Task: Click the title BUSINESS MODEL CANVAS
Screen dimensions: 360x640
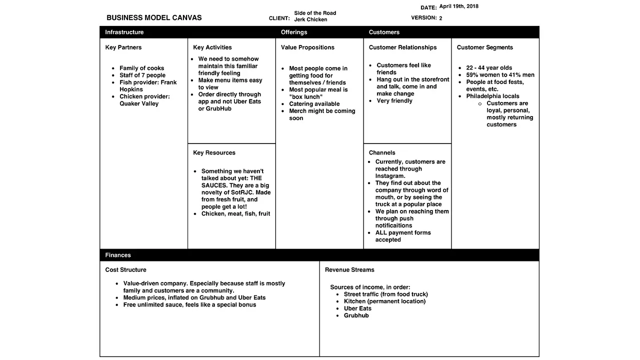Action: (154, 18)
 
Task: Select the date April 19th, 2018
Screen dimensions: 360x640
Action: (458, 6)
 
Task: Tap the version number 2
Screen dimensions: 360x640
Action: (440, 18)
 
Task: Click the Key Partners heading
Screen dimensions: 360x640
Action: (123, 47)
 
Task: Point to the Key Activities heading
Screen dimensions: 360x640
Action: (212, 47)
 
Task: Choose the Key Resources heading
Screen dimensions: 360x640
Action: (214, 153)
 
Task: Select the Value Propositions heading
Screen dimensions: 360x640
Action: (307, 47)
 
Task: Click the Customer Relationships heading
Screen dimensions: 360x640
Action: (402, 47)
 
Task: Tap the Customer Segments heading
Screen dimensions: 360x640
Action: (485, 47)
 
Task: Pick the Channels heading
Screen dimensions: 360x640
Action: (382, 153)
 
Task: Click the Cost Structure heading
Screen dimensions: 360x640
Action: (125, 270)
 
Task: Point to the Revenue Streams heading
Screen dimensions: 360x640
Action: (349, 270)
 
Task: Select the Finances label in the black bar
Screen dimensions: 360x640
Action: (118, 255)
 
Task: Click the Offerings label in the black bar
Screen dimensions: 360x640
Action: (294, 32)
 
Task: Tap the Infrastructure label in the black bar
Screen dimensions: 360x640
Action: (124, 32)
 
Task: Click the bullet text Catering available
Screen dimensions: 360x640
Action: (314, 104)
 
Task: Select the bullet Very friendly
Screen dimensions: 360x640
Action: (394, 101)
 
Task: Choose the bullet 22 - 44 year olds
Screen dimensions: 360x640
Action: (489, 68)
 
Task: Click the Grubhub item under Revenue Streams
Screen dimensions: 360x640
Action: (356, 315)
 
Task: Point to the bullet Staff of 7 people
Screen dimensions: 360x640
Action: (142, 75)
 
